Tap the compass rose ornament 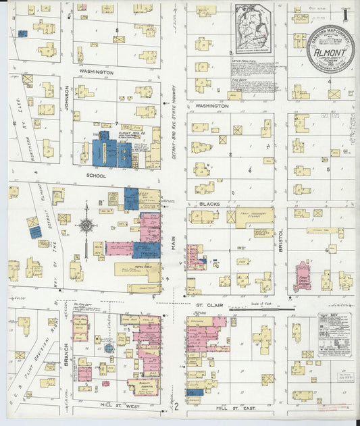coord(86,225)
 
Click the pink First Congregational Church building coord(303,276)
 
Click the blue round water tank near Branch coord(108,348)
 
